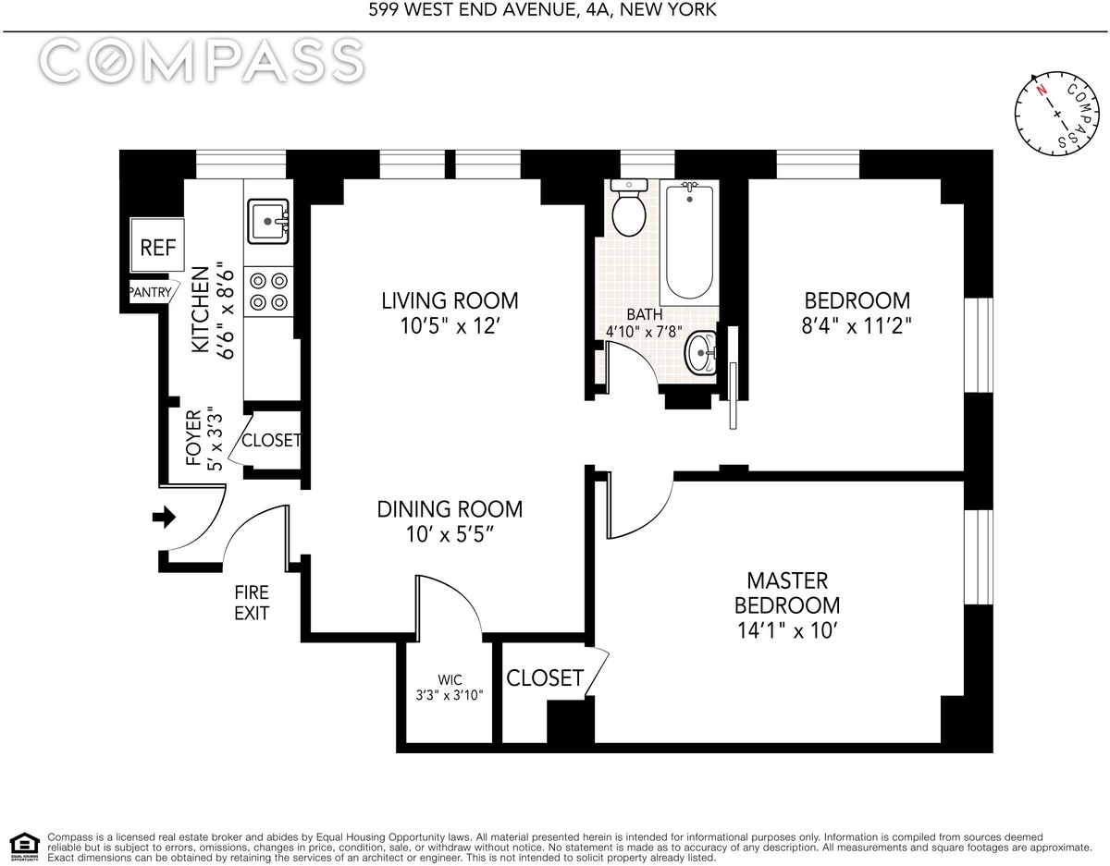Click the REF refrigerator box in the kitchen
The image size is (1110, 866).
(x=157, y=245)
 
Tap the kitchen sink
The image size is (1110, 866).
(x=268, y=221)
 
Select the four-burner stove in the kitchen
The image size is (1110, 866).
(x=268, y=291)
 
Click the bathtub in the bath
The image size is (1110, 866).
(x=689, y=242)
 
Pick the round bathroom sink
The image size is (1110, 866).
(x=701, y=353)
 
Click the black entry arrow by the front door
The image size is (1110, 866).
(x=164, y=518)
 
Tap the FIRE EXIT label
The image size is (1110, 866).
(x=252, y=603)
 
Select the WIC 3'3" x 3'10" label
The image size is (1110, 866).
(x=450, y=688)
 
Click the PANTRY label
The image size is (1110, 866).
(x=150, y=292)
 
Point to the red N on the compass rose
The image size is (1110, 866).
(x=1042, y=104)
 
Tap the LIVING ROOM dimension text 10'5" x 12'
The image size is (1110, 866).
(x=449, y=326)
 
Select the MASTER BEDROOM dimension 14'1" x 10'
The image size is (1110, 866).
(x=787, y=631)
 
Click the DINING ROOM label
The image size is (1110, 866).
(x=450, y=509)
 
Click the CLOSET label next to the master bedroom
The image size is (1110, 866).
(x=545, y=678)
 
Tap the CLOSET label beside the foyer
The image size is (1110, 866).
(x=271, y=440)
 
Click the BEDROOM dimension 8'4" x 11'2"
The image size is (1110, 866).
(x=857, y=325)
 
